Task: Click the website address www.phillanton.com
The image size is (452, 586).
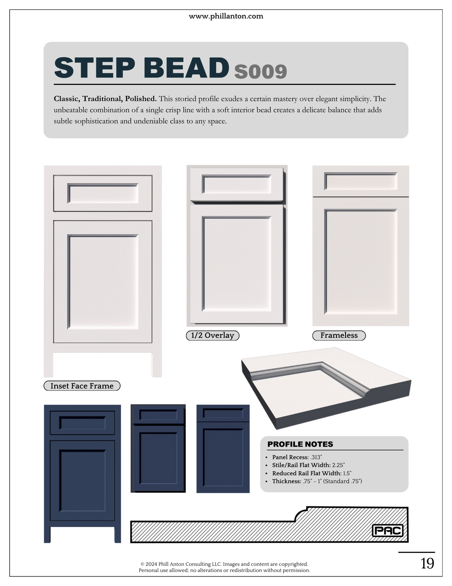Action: point(226,16)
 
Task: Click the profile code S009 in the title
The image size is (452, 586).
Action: point(261,71)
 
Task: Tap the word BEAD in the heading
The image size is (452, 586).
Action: point(186,68)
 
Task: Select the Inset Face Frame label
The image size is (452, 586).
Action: point(82,386)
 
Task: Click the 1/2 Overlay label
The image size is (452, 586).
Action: point(212,335)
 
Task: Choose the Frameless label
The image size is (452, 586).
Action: point(339,335)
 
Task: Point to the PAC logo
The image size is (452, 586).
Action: point(388,530)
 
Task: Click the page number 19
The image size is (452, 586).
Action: point(427,563)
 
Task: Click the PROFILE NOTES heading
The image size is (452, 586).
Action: point(300,444)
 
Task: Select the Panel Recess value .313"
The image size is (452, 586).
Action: point(316,457)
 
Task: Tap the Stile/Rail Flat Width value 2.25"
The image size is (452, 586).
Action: point(338,465)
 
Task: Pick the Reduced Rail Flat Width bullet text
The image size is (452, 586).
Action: point(312,473)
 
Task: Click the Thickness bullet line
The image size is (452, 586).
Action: point(317,481)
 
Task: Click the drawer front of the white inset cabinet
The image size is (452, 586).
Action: point(103,193)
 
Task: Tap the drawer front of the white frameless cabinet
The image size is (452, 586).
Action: point(360,181)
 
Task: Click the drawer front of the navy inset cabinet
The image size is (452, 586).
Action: point(82,423)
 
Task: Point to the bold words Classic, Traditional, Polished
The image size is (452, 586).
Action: point(105,99)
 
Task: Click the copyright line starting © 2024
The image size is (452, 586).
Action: point(224,564)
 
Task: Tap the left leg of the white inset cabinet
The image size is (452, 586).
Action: point(48,365)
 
